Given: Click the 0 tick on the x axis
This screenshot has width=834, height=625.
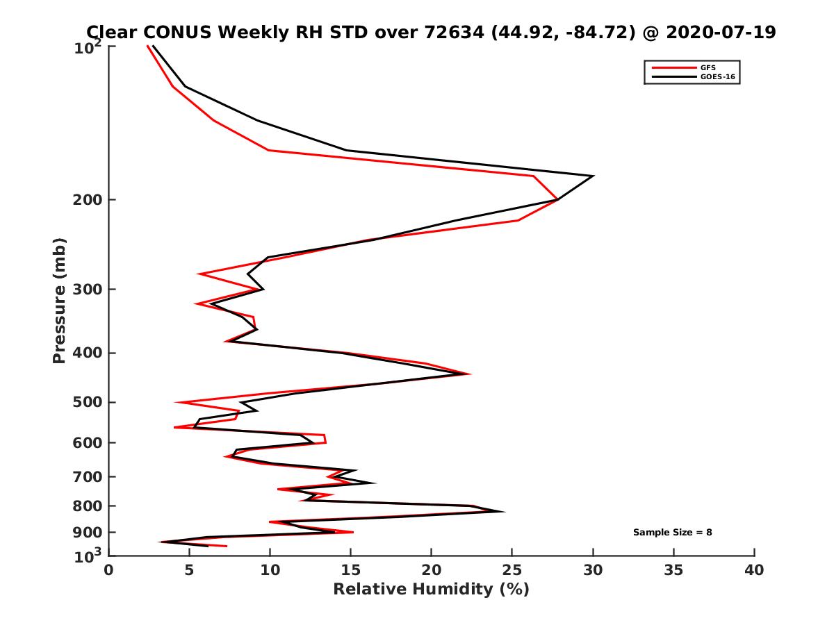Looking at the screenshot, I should coord(109,570).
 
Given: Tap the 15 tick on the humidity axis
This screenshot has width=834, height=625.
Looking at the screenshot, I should coord(351,570).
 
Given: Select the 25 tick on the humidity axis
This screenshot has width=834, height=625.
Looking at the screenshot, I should coord(512,570).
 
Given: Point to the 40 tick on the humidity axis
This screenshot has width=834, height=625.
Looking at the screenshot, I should coord(754,570).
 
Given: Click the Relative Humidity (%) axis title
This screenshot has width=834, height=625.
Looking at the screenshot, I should coord(431,590).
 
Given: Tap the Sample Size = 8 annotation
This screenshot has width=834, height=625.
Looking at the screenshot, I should coord(672,533).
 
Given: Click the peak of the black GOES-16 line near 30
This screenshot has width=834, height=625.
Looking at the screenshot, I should coord(593,176).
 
